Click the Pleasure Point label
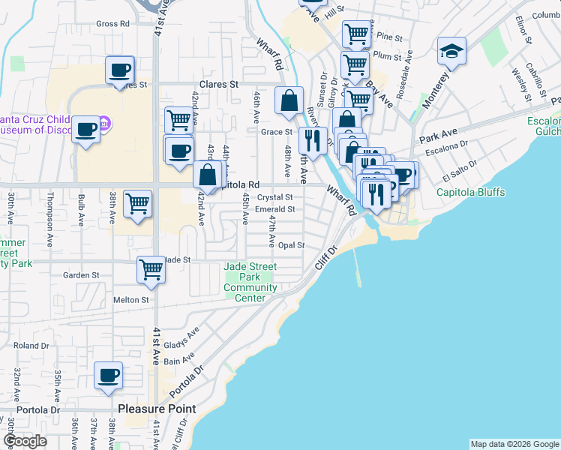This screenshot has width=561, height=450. coord(157,409)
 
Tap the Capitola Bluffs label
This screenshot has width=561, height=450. coord(471,192)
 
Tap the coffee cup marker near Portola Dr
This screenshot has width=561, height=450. coord(108,375)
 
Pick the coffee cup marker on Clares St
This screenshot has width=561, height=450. coord(119,70)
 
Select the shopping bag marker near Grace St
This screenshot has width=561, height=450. coord(289,100)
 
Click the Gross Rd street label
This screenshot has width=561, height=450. coord(113,24)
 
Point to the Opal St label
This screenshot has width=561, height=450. coord(292,245)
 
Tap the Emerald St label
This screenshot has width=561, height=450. coord(274,209)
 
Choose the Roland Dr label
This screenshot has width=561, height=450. coord(31,346)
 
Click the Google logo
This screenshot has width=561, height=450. coord(25,441)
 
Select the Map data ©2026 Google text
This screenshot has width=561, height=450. coord(514,444)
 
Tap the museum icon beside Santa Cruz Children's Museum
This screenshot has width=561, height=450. coord(105,122)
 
